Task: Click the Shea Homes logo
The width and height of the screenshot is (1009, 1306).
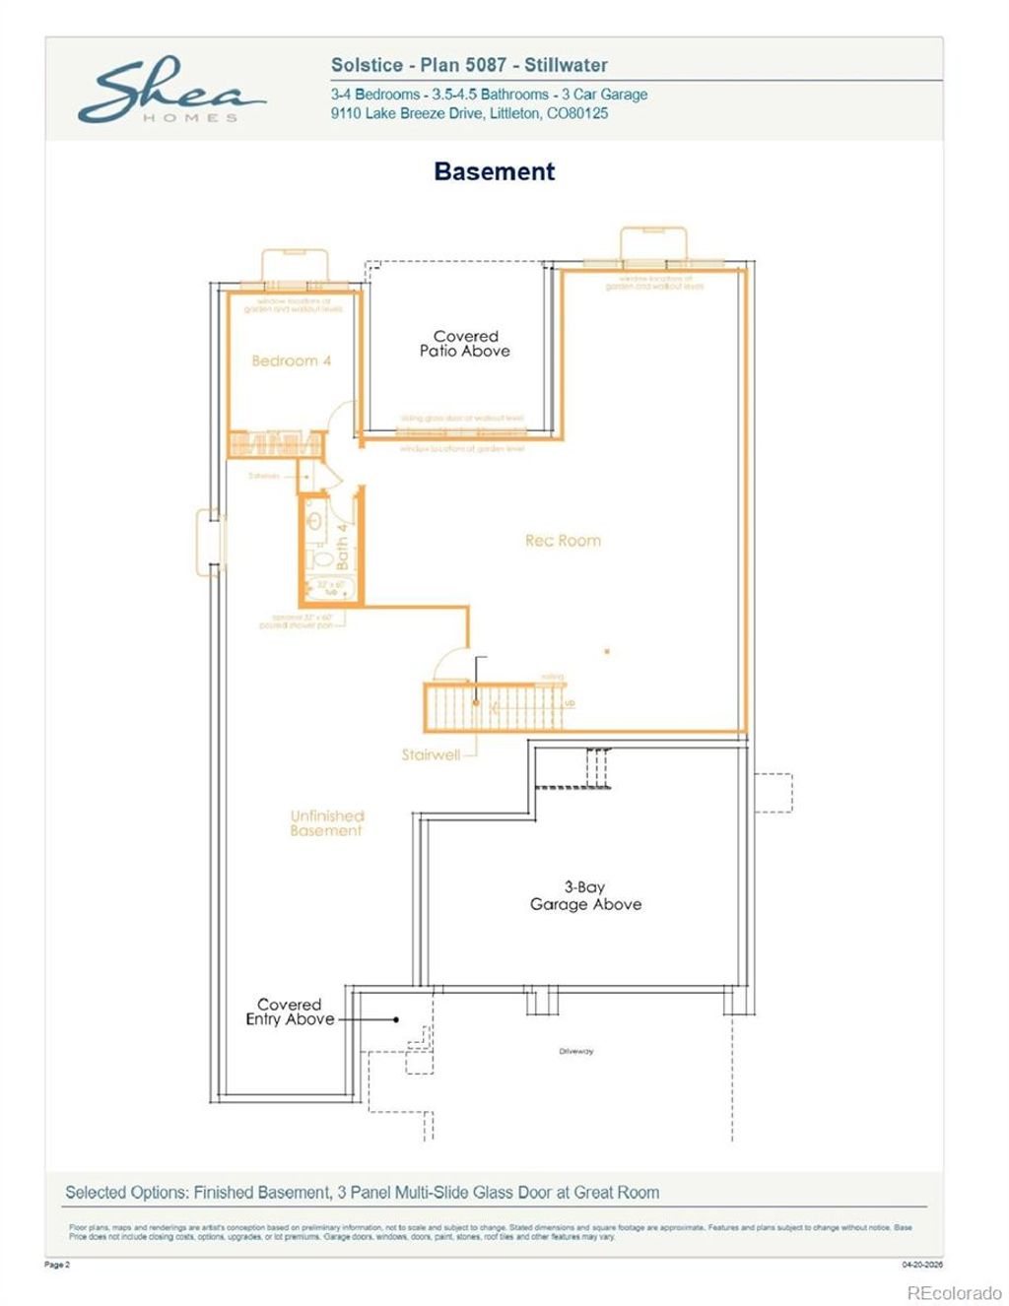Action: (x=169, y=92)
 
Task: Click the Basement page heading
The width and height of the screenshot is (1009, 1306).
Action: (x=494, y=171)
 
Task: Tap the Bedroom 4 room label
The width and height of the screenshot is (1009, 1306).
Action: (x=291, y=360)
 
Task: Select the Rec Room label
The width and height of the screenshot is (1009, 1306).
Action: (x=563, y=540)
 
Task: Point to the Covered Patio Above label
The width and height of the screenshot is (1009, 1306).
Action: (x=465, y=343)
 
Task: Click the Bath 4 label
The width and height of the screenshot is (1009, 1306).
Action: (x=342, y=546)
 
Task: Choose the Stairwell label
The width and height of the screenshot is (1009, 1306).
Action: (x=431, y=754)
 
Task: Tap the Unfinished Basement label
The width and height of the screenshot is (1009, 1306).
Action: (x=326, y=822)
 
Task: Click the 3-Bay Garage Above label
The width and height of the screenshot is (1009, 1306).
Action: (x=585, y=895)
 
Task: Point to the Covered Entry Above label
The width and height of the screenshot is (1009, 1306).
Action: (x=290, y=1012)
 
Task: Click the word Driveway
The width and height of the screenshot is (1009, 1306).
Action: (x=575, y=1051)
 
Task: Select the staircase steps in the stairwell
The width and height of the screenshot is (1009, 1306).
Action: (x=493, y=706)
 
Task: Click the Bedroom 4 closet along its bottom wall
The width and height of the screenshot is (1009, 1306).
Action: (x=276, y=444)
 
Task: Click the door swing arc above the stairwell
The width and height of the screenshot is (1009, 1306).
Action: (x=451, y=665)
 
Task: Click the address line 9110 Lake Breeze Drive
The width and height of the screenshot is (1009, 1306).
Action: (x=469, y=113)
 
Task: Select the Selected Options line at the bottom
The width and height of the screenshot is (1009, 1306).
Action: (x=362, y=1192)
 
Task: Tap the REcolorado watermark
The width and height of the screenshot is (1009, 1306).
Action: (x=953, y=1292)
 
